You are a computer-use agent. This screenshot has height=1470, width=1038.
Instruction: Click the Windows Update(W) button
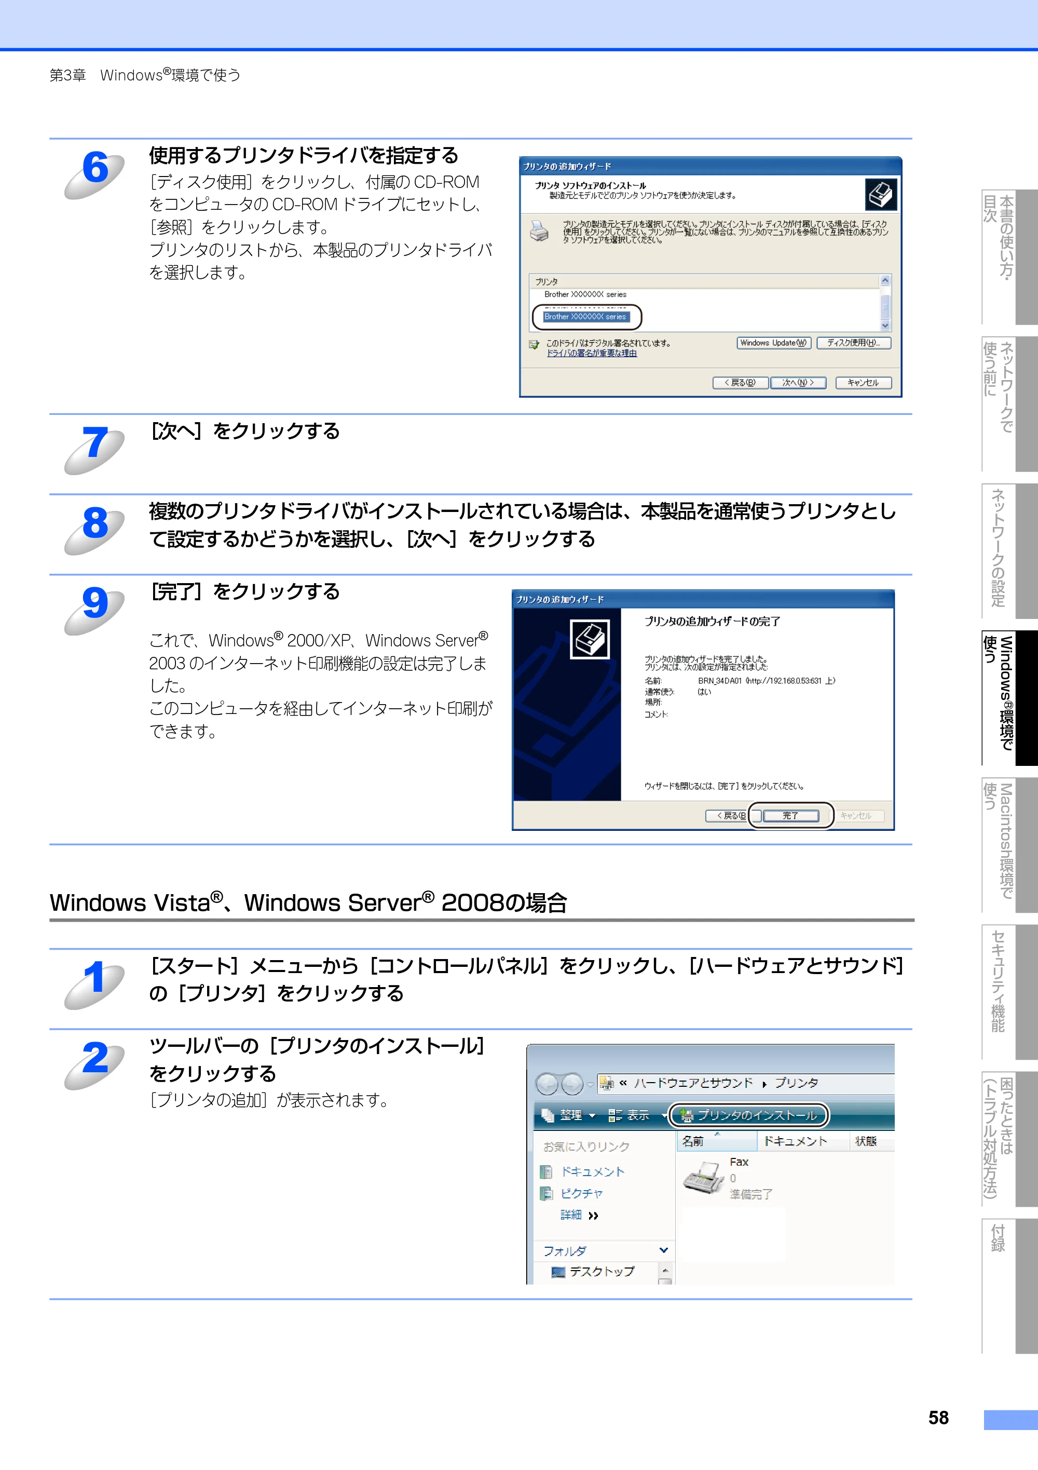point(774,343)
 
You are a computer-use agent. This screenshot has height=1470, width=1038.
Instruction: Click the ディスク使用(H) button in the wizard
point(854,343)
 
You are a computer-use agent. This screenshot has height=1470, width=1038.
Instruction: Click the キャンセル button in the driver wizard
point(863,383)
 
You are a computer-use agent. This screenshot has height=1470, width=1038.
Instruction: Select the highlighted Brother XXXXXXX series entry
point(585,317)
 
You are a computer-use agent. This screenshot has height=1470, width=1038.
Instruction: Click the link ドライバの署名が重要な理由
point(591,354)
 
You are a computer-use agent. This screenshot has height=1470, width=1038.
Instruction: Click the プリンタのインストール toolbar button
point(749,1115)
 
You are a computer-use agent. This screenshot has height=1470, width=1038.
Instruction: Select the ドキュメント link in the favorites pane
point(592,1171)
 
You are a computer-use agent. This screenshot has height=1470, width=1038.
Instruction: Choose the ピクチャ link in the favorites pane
point(582,1193)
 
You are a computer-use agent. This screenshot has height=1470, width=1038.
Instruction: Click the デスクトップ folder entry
point(602,1272)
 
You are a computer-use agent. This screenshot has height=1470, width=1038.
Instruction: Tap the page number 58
point(939,1418)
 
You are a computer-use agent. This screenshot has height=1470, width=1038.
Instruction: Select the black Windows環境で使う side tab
point(1010,698)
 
